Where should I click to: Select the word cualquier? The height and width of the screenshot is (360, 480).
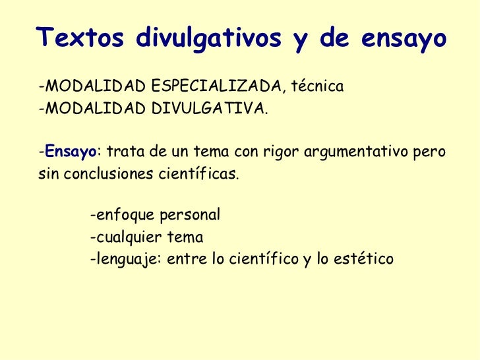point(124,237)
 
